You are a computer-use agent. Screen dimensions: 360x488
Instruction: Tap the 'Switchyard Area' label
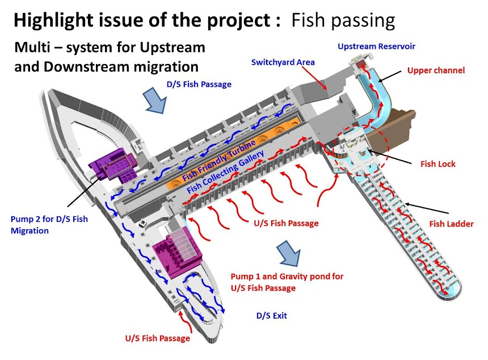[283, 62]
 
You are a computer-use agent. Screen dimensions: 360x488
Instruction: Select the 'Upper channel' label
[436, 71]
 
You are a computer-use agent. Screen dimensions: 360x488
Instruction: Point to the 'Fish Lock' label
[438, 164]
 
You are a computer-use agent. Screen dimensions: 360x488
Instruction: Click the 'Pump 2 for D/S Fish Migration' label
[49, 225]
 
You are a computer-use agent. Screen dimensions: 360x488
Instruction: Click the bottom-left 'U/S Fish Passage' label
[158, 339]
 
